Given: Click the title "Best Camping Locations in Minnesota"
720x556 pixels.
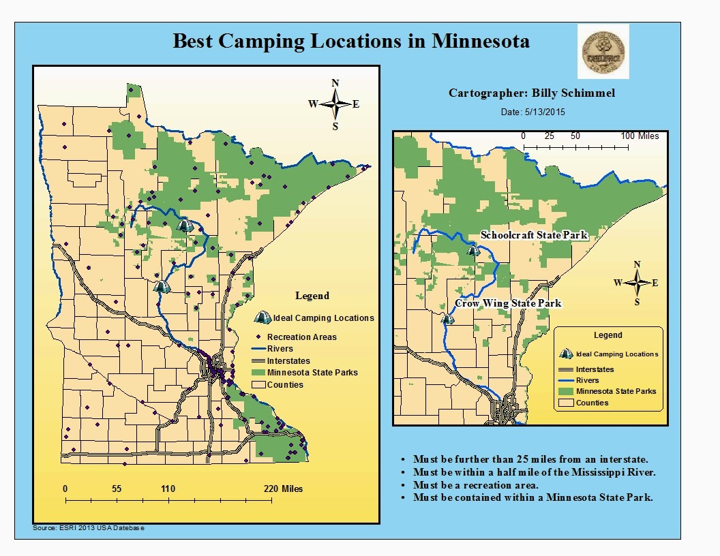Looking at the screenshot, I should tap(351, 40).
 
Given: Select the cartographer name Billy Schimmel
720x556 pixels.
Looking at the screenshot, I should tap(531, 93).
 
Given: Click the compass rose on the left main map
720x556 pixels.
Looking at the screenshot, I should tap(335, 104).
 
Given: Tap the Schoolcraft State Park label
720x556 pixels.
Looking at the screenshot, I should tap(534, 235).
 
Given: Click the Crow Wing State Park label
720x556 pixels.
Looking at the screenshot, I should tap(508, 303).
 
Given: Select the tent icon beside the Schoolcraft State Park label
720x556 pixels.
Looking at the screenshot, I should tap(473, 251).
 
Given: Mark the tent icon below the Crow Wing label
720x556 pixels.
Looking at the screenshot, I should tap(447, 318).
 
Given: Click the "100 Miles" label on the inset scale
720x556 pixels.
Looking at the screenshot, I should tap(639, 136).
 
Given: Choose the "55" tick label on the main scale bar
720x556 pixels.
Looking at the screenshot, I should tap(116, 489).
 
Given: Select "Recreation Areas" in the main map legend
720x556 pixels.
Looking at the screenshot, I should tap(301, 337).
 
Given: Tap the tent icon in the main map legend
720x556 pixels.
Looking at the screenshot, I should tap(261, 318).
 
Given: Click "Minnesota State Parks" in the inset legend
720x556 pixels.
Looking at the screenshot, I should tap(616, 391).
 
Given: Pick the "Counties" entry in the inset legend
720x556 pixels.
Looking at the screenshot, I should tap(592, 403).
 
